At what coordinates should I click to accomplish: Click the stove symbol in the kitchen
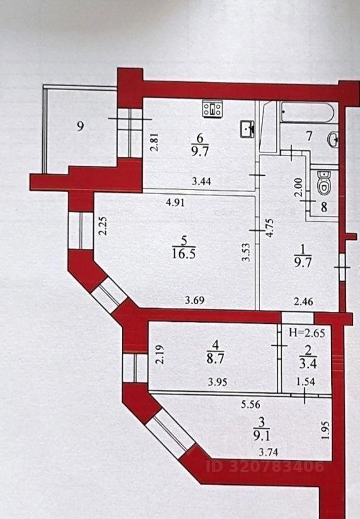(x=213, y=108)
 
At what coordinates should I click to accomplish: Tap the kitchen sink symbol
(x=247, y=129)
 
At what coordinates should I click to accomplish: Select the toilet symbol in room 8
(x=324, y=183)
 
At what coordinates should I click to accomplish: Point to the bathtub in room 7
(x=307, y=113)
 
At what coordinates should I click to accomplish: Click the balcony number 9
(x=80, y=127)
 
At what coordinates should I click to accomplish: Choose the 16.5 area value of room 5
(x=184, y=254)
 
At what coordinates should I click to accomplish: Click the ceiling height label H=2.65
(x=307, y=333)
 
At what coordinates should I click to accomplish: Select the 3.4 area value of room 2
(x=308, y=364)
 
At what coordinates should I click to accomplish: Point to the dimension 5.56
(x=250, y=404)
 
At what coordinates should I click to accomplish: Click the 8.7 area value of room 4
(x=215, y=360)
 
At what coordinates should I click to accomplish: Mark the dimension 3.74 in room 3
(x=268, y=452)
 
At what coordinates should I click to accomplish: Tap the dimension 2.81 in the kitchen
(x=154, y=142)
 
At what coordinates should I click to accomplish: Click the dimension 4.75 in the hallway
(x=270, y=228)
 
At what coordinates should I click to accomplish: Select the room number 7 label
(x=309, y=136)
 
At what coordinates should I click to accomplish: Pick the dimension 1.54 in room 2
(x=305, y=382)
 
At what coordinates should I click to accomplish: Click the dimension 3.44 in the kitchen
(x=201, y=181)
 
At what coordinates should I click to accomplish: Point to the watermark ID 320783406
(x=265, y=466)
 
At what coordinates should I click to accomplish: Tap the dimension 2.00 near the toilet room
(x=298, y=188)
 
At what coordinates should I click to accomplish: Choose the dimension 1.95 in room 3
(x=325, y=430)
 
